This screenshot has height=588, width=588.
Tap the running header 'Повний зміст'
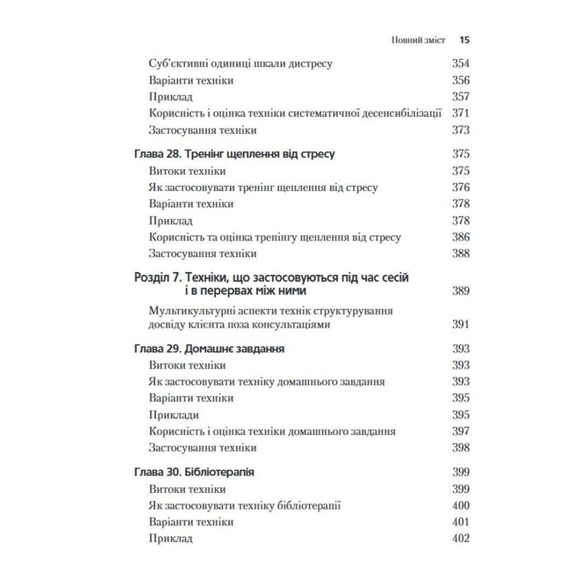tap(417, 41)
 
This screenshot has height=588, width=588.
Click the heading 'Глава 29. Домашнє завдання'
tap(210, 349)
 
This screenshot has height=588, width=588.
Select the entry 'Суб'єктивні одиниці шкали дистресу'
tap(242, 64)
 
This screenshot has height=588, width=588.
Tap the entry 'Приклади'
tap(174, 415)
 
